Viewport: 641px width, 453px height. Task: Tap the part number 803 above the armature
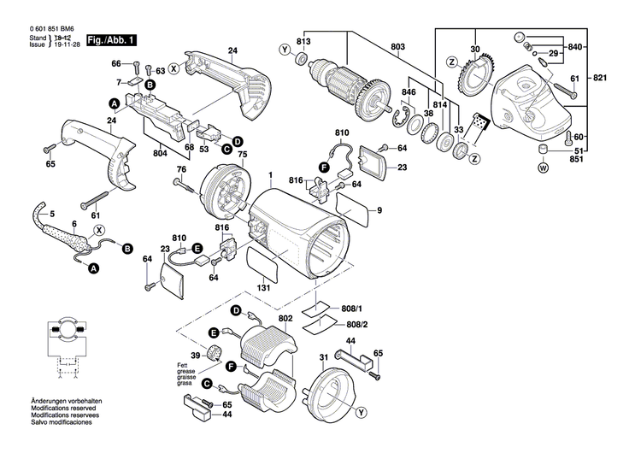[x=398, y=46]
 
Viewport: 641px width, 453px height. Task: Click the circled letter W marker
[x=541, y=168]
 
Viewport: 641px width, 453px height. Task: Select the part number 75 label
[x=242, y=154]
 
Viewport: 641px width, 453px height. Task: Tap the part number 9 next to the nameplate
[x=379, y=210]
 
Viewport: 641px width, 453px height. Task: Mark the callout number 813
[x=303, y=42]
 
